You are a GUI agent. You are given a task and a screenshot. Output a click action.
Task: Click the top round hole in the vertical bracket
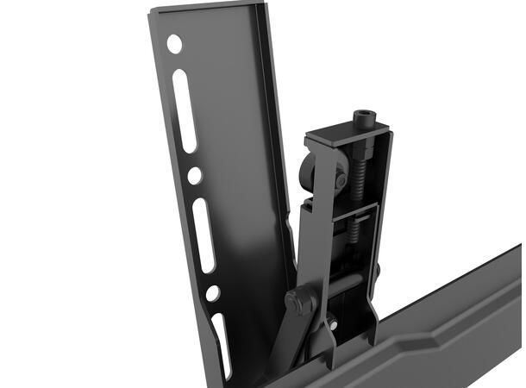click(x=174, y=43)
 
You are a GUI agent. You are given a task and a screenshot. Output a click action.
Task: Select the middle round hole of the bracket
click(x=195, y=175)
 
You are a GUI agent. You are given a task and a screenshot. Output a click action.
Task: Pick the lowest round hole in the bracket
click(x=212, y=293)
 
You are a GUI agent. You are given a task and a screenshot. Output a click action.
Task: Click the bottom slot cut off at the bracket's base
click(x=222, y=345)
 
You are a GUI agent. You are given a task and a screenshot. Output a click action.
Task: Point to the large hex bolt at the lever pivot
click(x=298, y=302)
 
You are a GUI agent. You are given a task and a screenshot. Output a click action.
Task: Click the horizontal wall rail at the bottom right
click(x=448, y=336)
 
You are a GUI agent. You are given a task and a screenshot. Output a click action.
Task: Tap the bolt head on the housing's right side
click(x=378, y=272)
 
